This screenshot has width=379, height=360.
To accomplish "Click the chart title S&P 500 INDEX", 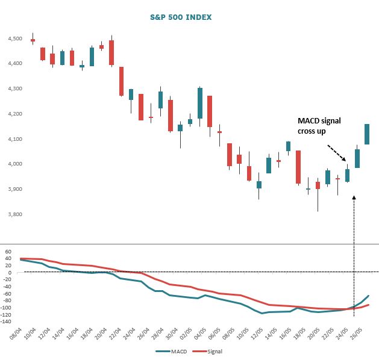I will click(x=181, y=17).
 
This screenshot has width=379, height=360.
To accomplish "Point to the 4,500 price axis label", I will click(x=12, y=39).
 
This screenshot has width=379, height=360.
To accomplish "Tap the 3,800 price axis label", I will click(x=12, y=214).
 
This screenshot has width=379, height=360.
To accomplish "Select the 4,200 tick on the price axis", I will click(x=12, y=114).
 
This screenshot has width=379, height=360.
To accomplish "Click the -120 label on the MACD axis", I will click(x=8, y=314).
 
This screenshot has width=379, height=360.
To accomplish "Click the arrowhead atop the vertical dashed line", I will click(x=354, y=197).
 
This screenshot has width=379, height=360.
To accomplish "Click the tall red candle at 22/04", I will click(x=121, y=81).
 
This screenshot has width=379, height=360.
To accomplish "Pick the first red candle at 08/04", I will click(x=33, y=40).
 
